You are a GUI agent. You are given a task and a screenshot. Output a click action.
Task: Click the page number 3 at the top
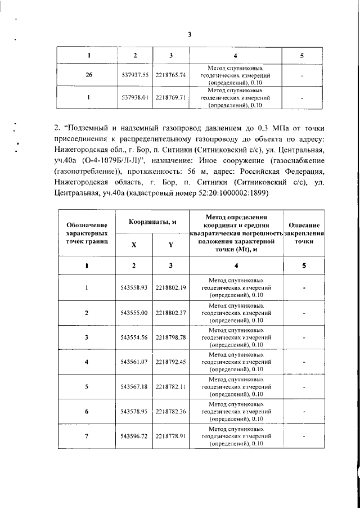[190, 34]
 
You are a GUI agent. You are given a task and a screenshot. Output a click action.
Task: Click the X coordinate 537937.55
[134, 75]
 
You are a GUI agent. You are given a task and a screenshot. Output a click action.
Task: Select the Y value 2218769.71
[170, 97]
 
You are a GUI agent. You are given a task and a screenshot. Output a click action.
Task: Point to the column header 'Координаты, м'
[152, 222]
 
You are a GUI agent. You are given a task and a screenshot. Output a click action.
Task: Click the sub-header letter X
[134, 245]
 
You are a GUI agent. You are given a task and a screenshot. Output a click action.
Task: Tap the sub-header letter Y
[170, 245]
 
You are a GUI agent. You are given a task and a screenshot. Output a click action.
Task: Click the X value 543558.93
[134, 287]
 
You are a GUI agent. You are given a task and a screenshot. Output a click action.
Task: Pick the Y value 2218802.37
[170, 312]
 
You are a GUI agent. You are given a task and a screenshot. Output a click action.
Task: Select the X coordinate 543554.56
[134, 337]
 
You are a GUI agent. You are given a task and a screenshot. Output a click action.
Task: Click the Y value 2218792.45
[170, 362]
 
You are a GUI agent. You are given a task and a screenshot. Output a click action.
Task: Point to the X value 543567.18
[134, 386]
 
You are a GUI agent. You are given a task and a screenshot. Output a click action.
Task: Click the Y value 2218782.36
[170, 411]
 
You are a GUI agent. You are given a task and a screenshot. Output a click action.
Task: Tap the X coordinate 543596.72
[134, 436]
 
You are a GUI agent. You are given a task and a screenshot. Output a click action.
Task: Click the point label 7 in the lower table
[87, 436]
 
